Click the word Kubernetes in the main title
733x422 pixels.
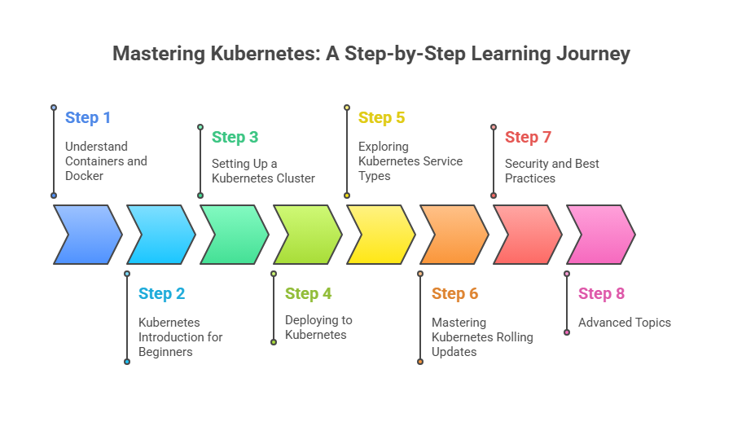(x=261, y=54)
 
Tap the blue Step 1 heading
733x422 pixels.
(x=88, y=117)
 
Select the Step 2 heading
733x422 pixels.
(x=161, y=293)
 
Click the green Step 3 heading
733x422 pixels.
(x=235, y=137)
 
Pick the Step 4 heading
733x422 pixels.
(x=308, y=293)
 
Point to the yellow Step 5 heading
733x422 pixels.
(x=381, y=117)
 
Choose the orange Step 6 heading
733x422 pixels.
(x=454, y=293)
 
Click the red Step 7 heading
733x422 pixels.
(x=528, y=137)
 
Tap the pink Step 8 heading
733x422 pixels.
(x=601, y=293)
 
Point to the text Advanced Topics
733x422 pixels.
(x=625, y=323)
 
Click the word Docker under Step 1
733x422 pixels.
(x=84, y=176)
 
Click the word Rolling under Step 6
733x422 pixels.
(x=513, y=337)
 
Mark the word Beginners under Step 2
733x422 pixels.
(x=165, y=352)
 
